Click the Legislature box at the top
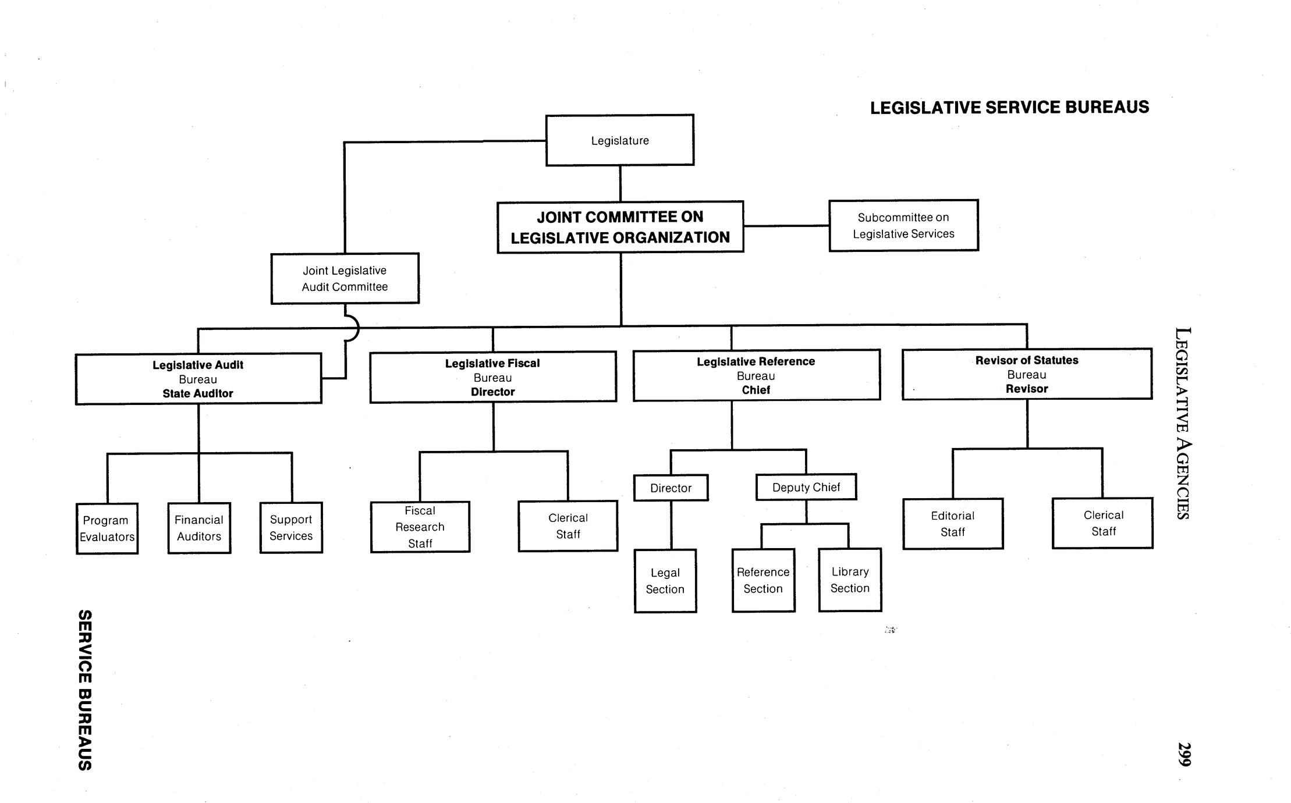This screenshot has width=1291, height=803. coord(619,140)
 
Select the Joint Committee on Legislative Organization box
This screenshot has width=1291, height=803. coord(620,227)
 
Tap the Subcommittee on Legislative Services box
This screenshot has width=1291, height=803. coord(903,225)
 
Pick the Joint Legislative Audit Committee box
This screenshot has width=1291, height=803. coord(345,278)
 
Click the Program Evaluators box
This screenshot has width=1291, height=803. coord(107,528)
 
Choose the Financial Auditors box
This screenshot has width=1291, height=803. coord(199,528)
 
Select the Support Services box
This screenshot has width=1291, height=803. coord(291,527)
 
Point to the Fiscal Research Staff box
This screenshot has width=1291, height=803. coord(420,527)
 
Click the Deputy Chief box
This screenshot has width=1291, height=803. coord(806,487)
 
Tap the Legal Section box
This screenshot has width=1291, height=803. coord(665,581)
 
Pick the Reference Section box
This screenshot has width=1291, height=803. coord(763,580)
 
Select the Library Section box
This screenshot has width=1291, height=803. coord(850,580)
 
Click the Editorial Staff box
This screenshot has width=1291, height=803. coord(952,524)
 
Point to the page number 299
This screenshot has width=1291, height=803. coord(1184,754)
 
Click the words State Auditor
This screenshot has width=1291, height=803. coord(198,393)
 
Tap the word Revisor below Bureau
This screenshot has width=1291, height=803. coord(1026,389)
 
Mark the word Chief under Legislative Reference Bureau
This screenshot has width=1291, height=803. coord(756,390)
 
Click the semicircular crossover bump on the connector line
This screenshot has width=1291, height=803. coord(352,328)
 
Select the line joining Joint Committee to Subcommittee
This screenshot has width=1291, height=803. coord(786,226)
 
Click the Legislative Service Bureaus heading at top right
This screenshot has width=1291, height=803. coord(1009,108)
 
